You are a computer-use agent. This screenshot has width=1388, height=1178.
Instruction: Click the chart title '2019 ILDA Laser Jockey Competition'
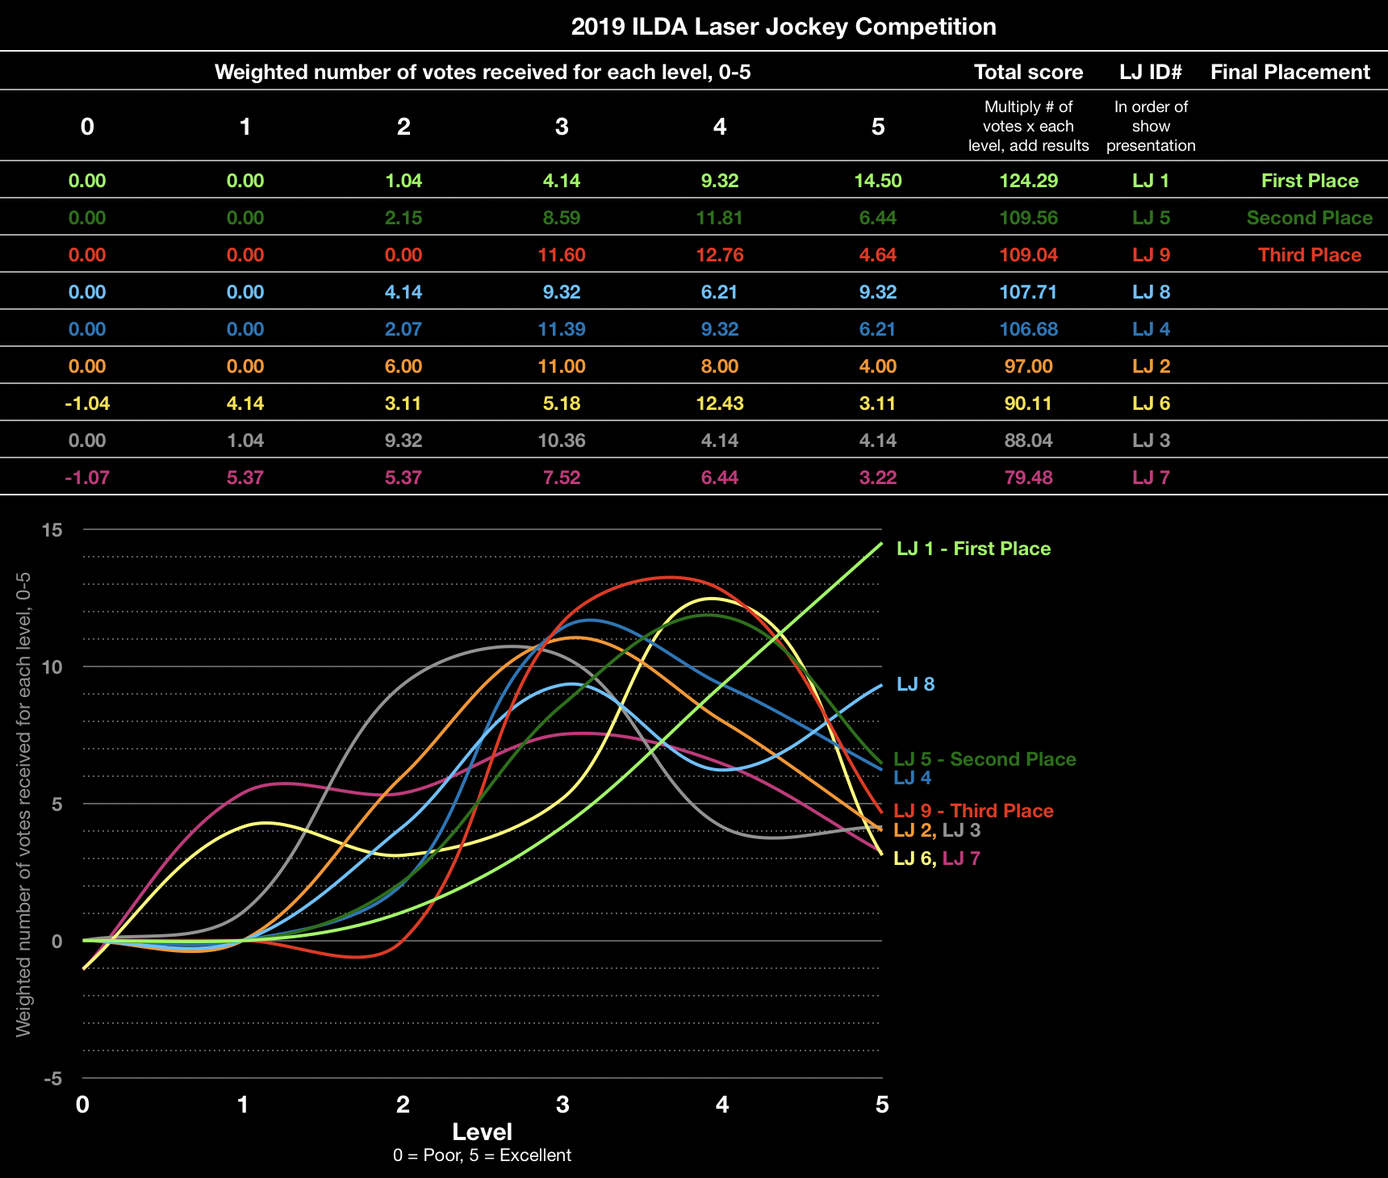click(x=783, y=27)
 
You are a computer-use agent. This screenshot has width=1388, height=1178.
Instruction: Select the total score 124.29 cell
click(x=1028, y=181)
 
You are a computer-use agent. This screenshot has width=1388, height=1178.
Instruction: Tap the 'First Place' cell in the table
click(x=1309, y=181)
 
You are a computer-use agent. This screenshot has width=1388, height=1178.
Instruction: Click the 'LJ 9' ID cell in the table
click(x=1151, y=255)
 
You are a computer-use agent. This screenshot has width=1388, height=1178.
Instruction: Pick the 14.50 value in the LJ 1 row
click(x=878, y=181)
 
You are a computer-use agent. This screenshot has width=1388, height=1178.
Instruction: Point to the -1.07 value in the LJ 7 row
click(x=87, y=478)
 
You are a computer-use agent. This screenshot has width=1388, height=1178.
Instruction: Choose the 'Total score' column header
click(x=1028, y=72)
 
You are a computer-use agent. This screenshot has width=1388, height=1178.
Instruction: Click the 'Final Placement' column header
click(x=1290, y=72)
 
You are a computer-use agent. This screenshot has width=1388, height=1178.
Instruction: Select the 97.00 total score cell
click(x=1028, y=366)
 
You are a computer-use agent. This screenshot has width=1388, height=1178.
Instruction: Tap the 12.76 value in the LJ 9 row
click(x=720, y=255)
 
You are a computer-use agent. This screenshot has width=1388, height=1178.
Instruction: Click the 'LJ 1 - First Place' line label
click(x=973, y=549)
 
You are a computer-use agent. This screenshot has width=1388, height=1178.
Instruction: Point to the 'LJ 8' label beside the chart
click(x=915, y=684)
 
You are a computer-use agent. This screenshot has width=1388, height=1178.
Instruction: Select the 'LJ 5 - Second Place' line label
click(x=985, y=759)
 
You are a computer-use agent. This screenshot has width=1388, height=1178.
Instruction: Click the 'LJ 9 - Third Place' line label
click(x=973, y=811)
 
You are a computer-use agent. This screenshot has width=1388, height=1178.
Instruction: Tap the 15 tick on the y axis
click(x=52, y=530)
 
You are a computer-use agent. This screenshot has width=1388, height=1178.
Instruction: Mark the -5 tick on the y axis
click(x=52, y=1079)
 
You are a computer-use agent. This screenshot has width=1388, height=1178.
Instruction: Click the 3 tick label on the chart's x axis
click(x=562, y=1105)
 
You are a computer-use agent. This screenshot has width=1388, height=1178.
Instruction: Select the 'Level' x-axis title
click(x=482, y=1132)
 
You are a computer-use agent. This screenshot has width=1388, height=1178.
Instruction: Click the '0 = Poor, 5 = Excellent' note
click(x=482, y=1155)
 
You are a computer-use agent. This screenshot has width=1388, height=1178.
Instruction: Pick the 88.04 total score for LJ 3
click(x=1028, y=441)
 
